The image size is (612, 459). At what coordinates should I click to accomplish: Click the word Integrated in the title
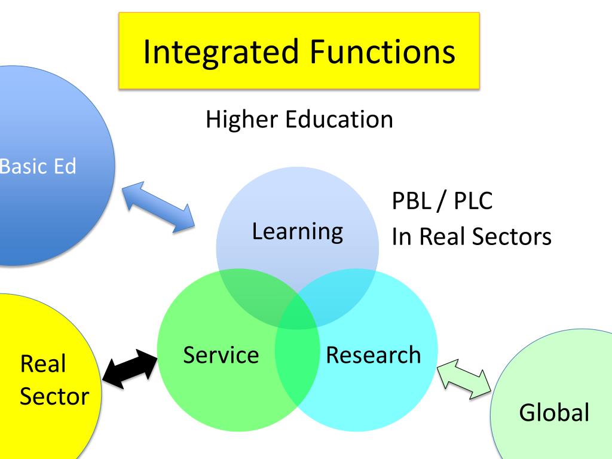[x=221, y=52]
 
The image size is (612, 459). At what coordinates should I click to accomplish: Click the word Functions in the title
[x=382, y=52]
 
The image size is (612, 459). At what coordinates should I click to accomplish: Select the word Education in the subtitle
[x=338, y=120]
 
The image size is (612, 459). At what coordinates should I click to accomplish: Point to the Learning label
[x=297, y=231]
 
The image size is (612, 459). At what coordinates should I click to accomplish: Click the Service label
[x=221, y=355]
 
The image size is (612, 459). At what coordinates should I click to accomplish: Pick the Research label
[x=373, y=355]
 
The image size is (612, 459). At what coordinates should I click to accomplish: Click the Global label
[x=554, y=413]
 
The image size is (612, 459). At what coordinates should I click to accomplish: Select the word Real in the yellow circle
[x=43, y=364]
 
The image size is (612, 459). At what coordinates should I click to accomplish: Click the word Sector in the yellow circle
[x=54, y=396]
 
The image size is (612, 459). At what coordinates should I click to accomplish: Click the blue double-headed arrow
[x=158, y=207]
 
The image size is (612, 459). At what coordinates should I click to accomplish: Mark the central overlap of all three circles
[x=297, y=313]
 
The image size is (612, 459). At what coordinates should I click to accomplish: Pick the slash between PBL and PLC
[x=440, y=201]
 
